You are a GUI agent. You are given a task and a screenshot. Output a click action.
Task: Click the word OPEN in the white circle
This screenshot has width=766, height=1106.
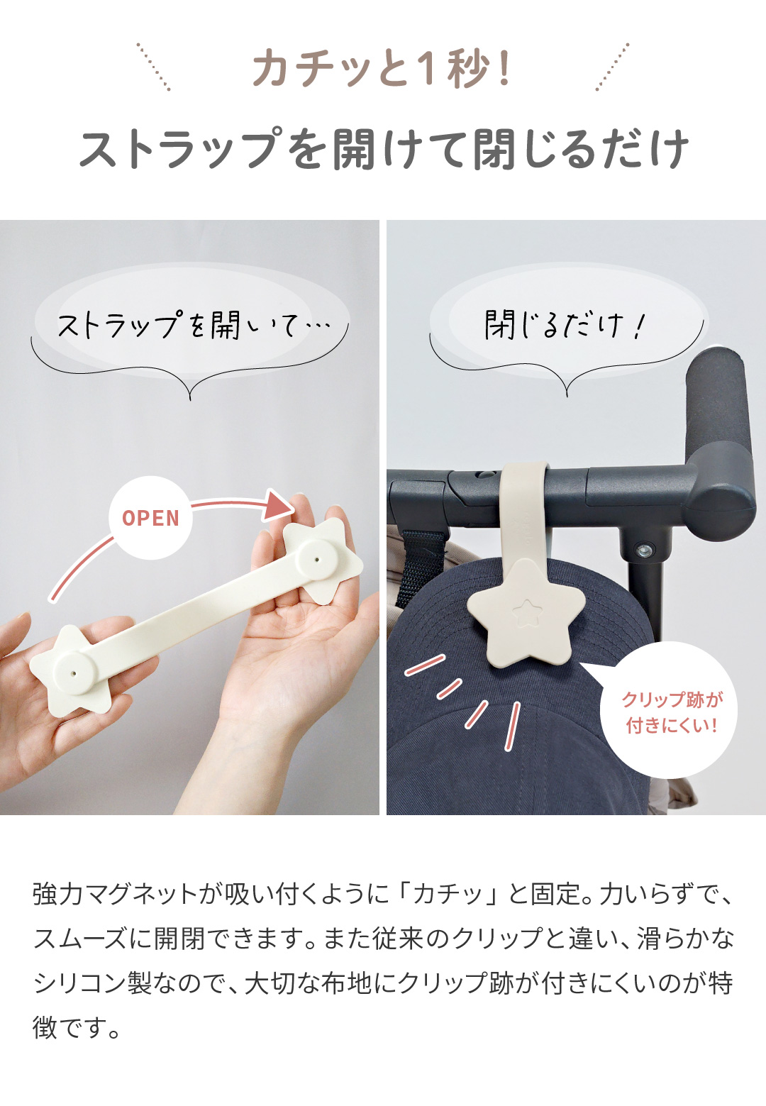[150, 519]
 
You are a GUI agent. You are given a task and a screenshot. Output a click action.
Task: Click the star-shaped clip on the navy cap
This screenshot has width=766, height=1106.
[526, 613]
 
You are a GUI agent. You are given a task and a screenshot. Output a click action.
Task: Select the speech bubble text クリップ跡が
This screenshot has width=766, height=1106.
[672, 699]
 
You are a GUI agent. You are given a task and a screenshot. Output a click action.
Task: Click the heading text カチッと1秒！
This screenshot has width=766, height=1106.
[382, 70]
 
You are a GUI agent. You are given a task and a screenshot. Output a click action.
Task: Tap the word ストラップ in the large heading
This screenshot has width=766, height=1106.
[181, 148]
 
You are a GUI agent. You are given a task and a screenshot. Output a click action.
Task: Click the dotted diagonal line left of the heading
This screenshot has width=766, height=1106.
[153, 67]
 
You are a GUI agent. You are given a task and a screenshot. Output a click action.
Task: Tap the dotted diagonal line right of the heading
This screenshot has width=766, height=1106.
[613, 67]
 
